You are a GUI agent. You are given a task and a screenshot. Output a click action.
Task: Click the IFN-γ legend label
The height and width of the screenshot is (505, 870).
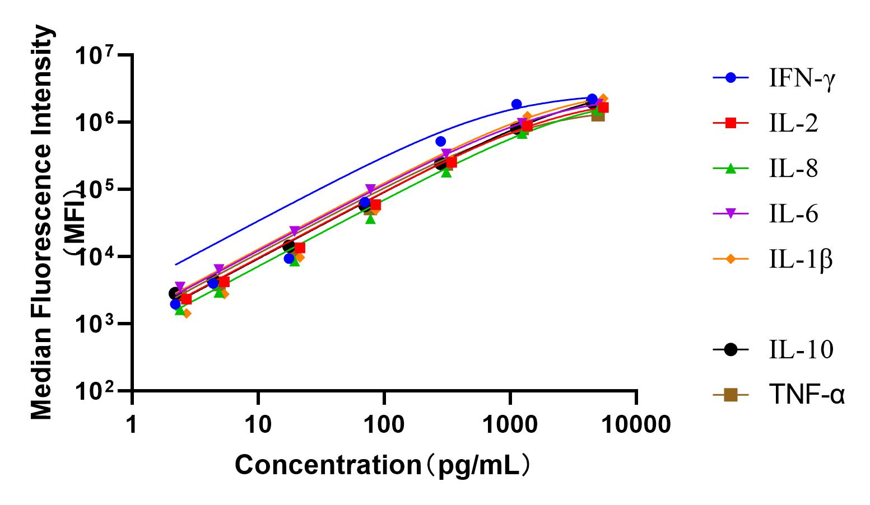802,78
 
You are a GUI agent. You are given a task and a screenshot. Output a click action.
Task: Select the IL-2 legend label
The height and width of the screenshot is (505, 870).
793,124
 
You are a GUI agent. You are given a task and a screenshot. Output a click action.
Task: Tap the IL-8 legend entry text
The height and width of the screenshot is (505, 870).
793,169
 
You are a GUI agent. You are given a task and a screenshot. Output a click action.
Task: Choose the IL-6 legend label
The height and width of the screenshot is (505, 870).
793,214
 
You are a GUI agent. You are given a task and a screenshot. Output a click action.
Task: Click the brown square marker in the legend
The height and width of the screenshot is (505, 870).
731,395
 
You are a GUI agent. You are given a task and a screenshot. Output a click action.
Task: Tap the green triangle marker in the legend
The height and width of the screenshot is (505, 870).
731,169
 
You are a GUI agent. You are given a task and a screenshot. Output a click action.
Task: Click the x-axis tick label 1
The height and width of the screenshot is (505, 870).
131,424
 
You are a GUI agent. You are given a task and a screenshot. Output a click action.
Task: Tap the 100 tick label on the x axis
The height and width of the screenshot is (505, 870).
384,424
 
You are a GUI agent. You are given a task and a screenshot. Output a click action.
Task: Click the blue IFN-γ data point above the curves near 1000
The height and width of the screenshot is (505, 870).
517,104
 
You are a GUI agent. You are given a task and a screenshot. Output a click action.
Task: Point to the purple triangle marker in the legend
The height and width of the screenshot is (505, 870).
731,214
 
